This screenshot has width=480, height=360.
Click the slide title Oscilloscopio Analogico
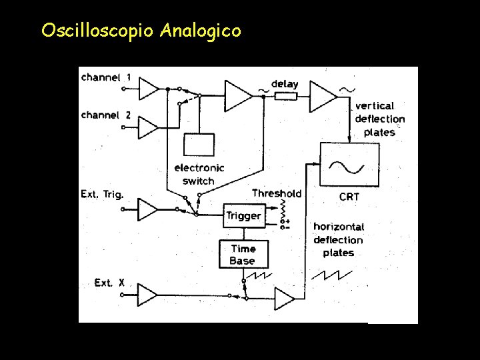click(x=141, y=31)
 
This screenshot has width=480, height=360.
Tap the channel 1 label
click(x=105, y=77)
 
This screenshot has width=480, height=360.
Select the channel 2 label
click(x=105, y=115)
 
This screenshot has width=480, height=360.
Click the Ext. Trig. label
click(x=102, y=194)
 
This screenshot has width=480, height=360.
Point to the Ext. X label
click(x=109, y=283)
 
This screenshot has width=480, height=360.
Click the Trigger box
click(x=243, y=215)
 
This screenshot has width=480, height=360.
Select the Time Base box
click(x=243, y=255)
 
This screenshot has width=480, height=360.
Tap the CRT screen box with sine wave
click(x=349, y=165)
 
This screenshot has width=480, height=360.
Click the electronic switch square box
click(x=199, y=145)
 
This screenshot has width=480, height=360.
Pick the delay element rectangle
click(x=285, y=96)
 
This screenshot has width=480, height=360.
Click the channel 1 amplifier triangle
click(x=149, y=88)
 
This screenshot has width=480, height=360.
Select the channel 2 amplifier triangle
click(x=148, y=127)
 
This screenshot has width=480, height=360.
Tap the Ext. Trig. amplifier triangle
click(x=147, y=210)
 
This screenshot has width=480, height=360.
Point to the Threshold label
click(x=277, y=193)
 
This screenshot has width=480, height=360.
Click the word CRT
click(x=349, y=197)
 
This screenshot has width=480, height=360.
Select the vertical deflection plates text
click(x=379, y=119)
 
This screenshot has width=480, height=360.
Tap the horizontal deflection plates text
click(x=339, y=239)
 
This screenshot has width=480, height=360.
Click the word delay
click(x=285, y=85)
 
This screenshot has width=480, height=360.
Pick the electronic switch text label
click(x=199, y=174)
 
